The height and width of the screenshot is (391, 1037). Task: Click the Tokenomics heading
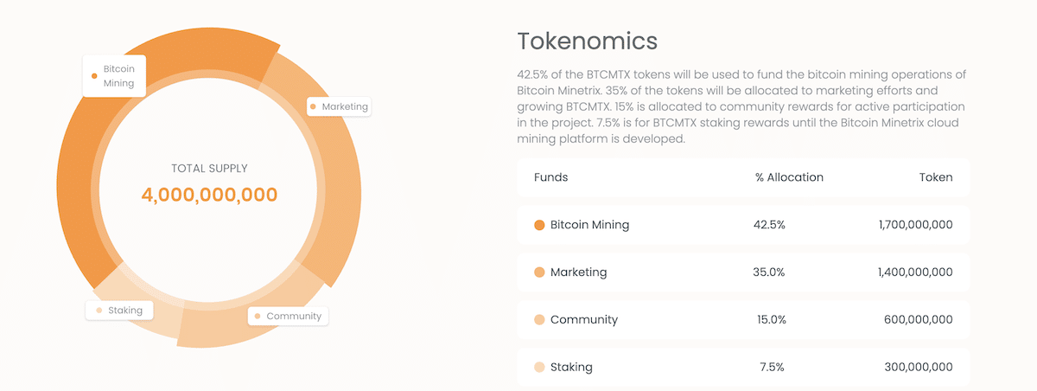[x=587, y=41]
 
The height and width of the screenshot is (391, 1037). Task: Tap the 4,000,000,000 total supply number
[x=209, y=195]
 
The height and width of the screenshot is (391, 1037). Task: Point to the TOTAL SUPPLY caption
[x=209, y=169]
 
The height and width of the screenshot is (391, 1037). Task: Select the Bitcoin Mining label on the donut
[x=115, y=75]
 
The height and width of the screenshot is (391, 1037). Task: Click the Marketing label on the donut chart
[x=340, y=106]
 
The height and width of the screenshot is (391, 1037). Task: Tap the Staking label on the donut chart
[x=120, y=310]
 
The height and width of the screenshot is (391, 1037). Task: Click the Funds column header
[x=550, y=177]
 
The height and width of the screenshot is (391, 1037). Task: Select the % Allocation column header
[x=789, y=177]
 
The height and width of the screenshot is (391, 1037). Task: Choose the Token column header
[x=936, y=177]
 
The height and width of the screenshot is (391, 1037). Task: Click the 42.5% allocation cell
[x=769, y=225]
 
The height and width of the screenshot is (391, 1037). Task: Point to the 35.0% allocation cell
[x=769, y=272]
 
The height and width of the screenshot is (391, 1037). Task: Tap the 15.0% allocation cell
[x=771, y=319]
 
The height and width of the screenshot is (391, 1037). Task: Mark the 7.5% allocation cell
[x=772, y=367]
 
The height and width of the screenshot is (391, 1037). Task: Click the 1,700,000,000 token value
[x=915, y=225]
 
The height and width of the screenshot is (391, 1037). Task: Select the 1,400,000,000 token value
[x=915, y=272]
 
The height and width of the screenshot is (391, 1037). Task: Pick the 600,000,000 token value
[x=919, y=319]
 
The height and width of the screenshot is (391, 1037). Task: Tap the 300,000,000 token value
[x=919, y=367]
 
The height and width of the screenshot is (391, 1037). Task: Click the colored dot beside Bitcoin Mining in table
[x=539, y=225]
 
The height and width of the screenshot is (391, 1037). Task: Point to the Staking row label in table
[x=571, y=367]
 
